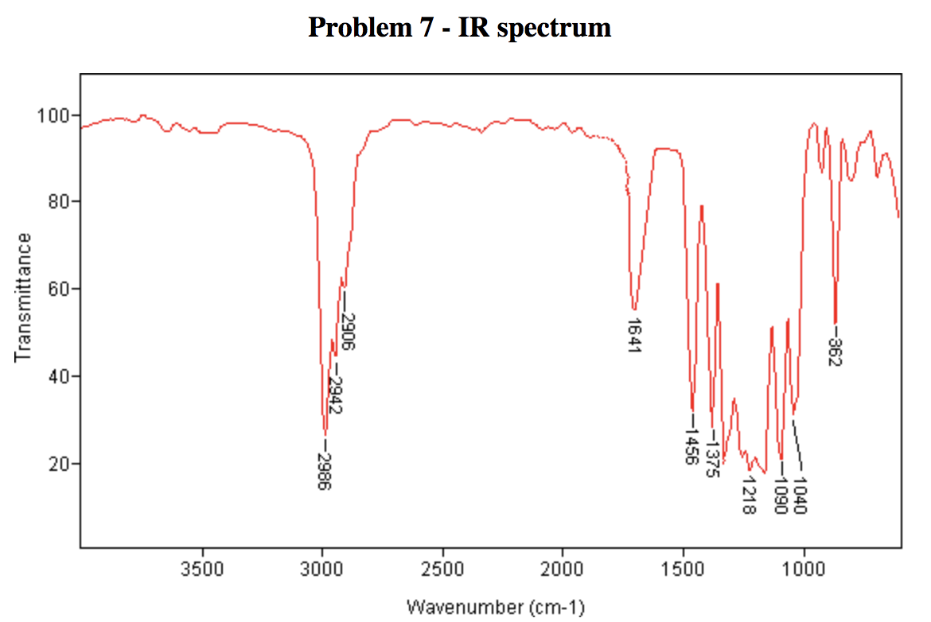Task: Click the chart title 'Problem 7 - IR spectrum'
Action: pyautogui.click(x=459, y=28)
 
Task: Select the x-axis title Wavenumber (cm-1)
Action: pyautogui.click(x=495, y=608)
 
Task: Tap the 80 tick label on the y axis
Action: pyautogui.click(x=58, y=202)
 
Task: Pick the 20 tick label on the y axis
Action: pyautogui.click(x=58, y=464)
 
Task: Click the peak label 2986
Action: pyautogui.click(x=324, y=472)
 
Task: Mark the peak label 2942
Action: pyautogui.click(x=335, y=395)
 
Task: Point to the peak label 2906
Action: pyautogui.click(x=348, y=332)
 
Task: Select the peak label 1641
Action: pyautogui.click(x=633, y=336)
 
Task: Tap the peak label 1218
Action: pyautogui.click(x=748, y=495)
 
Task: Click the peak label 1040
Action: pyautogui.click(x=801, y=495)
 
